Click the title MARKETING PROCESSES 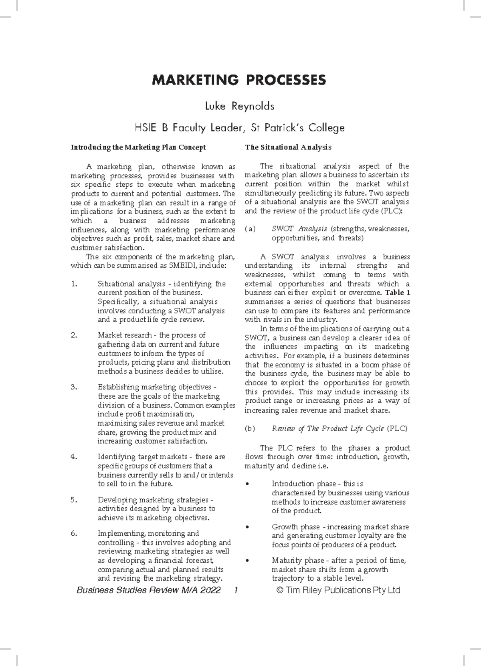(239, 80)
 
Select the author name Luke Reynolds (239, 107)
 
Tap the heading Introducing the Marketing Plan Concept (138, 147)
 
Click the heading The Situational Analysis (288, 147)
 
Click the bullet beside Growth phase (247, 527)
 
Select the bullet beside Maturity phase (247, 561)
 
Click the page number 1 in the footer (236, 590)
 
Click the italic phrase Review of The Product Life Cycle (328, 429)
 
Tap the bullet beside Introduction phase (247, 484)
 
